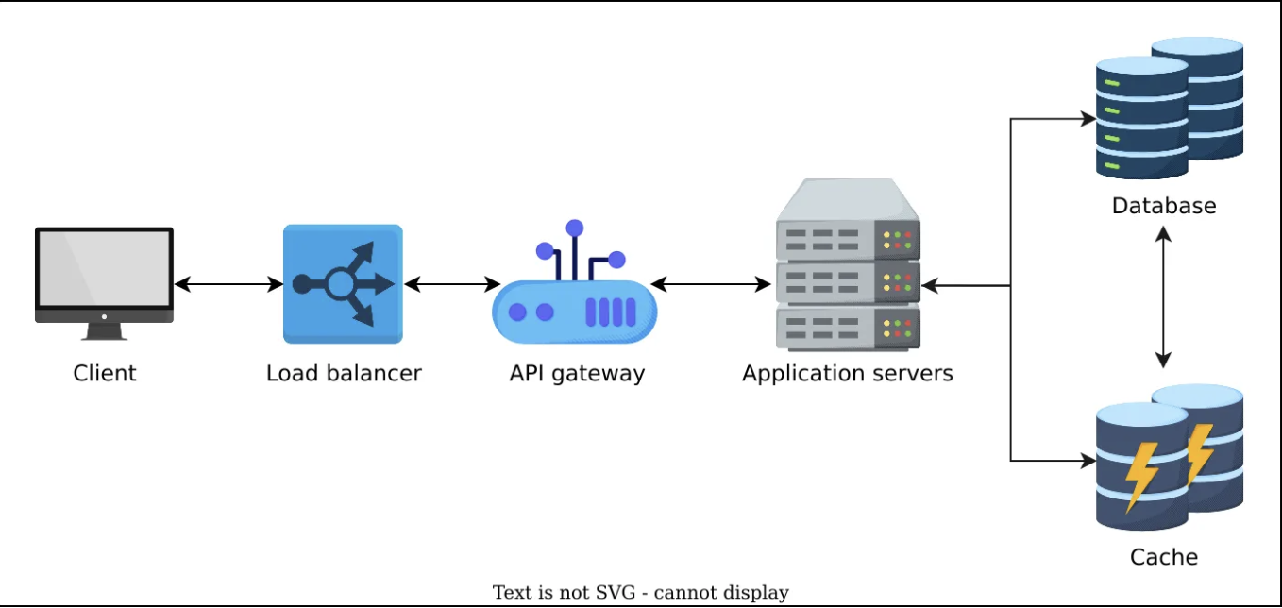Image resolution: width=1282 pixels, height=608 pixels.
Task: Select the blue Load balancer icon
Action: point(343,283)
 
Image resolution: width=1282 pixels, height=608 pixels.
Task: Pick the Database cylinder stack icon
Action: point(1169,108)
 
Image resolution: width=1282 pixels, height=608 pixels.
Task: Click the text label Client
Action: point(104,373)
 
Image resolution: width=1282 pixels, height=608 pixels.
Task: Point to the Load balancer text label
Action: point(344,373)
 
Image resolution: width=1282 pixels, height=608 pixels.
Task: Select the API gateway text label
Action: point(577,373)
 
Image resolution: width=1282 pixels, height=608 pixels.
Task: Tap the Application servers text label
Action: point(847,373)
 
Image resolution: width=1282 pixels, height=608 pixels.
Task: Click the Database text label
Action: point(1163,206)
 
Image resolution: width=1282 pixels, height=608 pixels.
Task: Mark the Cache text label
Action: point(1163,557)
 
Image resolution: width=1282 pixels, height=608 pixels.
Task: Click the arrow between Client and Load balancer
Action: point(228,283)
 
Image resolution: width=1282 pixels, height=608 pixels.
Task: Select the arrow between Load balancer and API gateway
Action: point(451,283)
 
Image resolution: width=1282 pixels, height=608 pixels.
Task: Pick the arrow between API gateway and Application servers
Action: point(711,283)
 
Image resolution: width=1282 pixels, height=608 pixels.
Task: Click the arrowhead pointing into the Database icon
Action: point(1088,120)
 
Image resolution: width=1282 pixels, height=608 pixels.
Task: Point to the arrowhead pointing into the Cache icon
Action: point(1088,461)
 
